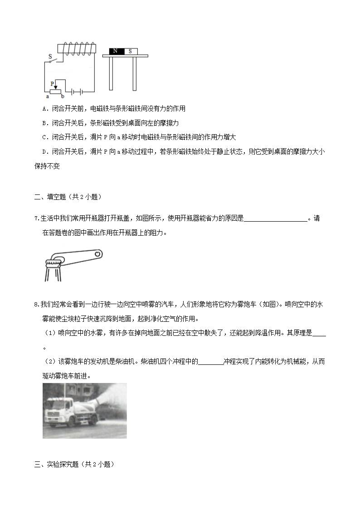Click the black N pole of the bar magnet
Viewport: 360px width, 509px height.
point(116,51)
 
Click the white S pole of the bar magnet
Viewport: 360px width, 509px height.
point(130,51)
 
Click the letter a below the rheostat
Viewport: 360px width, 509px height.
point(47,96)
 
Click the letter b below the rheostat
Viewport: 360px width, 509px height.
point(63,96)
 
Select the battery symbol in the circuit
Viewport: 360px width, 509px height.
point(76,91)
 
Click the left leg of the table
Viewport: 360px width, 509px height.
point(111,73)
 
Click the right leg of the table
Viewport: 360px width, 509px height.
point(134,73)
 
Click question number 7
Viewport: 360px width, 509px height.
point(36,218)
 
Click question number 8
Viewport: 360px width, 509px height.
point(36,304)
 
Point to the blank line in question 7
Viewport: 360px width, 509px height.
point(276,219)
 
